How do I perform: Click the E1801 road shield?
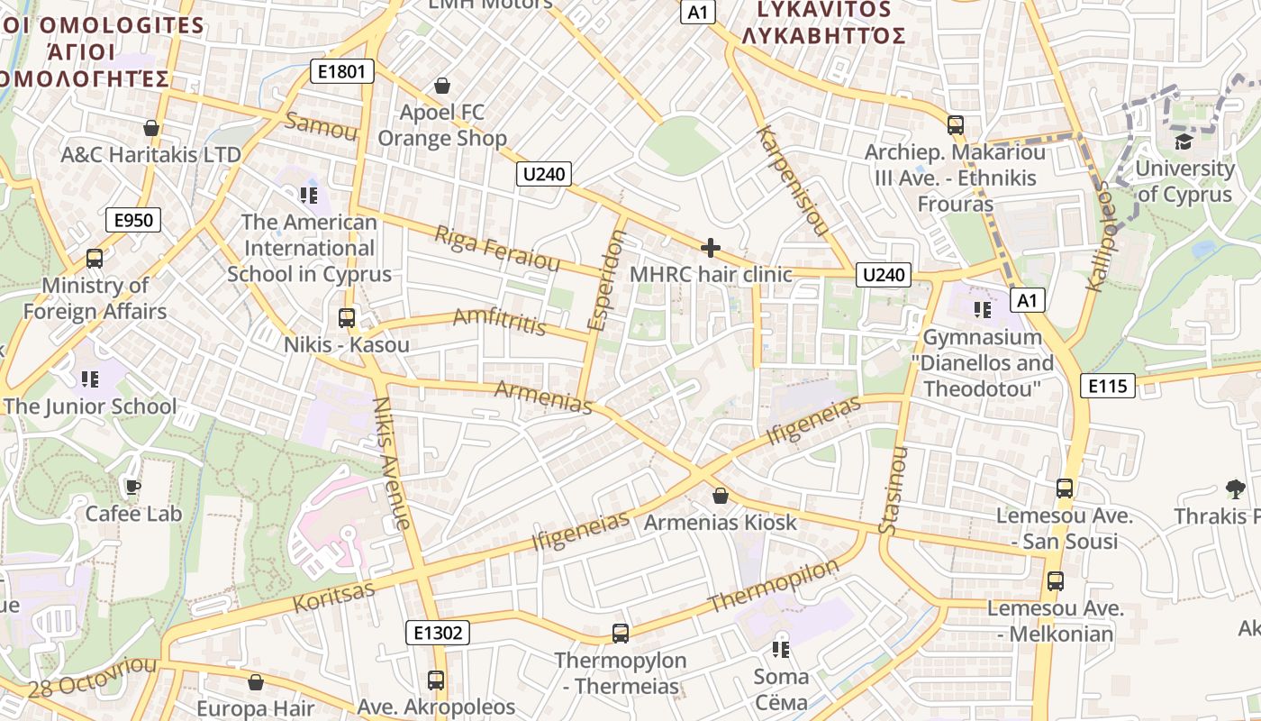[x=341, y=71]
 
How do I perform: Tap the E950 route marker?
[x=132, y=220]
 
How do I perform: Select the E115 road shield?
[x=1107, y=386]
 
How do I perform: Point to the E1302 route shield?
[x=438, y=633]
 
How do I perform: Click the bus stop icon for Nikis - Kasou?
[x=347, y=317]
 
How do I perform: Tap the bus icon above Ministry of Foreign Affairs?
[x=95, y=259]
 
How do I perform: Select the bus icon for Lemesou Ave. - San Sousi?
[x=1065, y=488]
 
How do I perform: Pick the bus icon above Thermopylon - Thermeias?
[x=621, y=634]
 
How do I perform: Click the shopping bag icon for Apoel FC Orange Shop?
[x=442, y=86]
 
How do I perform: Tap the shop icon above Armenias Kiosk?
[x=721, y=496]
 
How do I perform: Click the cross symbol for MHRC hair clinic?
[x=711, y=247]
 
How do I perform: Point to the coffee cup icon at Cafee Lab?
[x=133, y=488]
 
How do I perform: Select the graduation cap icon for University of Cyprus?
[x=1183, y=141]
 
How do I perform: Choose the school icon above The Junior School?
[x=89, y=379]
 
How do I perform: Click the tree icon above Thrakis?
[x=1236, y=489]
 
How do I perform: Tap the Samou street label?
[x=320, y=127]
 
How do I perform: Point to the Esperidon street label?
[x=605, y=280]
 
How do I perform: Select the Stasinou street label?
[x=893, y=490]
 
